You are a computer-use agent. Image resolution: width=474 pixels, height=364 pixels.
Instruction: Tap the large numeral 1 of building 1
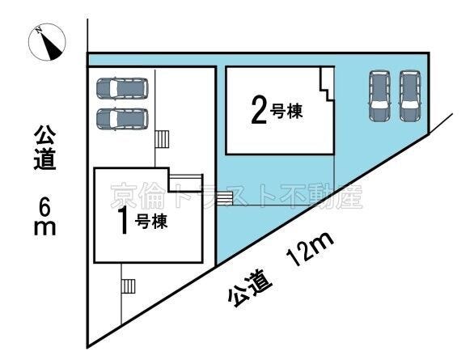[123, 221]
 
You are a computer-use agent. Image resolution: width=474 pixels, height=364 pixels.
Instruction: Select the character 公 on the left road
[45, 134]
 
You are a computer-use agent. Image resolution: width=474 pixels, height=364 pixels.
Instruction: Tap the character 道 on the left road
[45, 159]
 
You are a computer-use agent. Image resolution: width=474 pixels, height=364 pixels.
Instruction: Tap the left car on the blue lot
[380, 95]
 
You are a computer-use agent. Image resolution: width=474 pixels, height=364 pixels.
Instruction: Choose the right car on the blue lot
[409, 95]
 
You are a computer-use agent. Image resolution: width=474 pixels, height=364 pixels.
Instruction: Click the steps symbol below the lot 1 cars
[163, 140]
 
